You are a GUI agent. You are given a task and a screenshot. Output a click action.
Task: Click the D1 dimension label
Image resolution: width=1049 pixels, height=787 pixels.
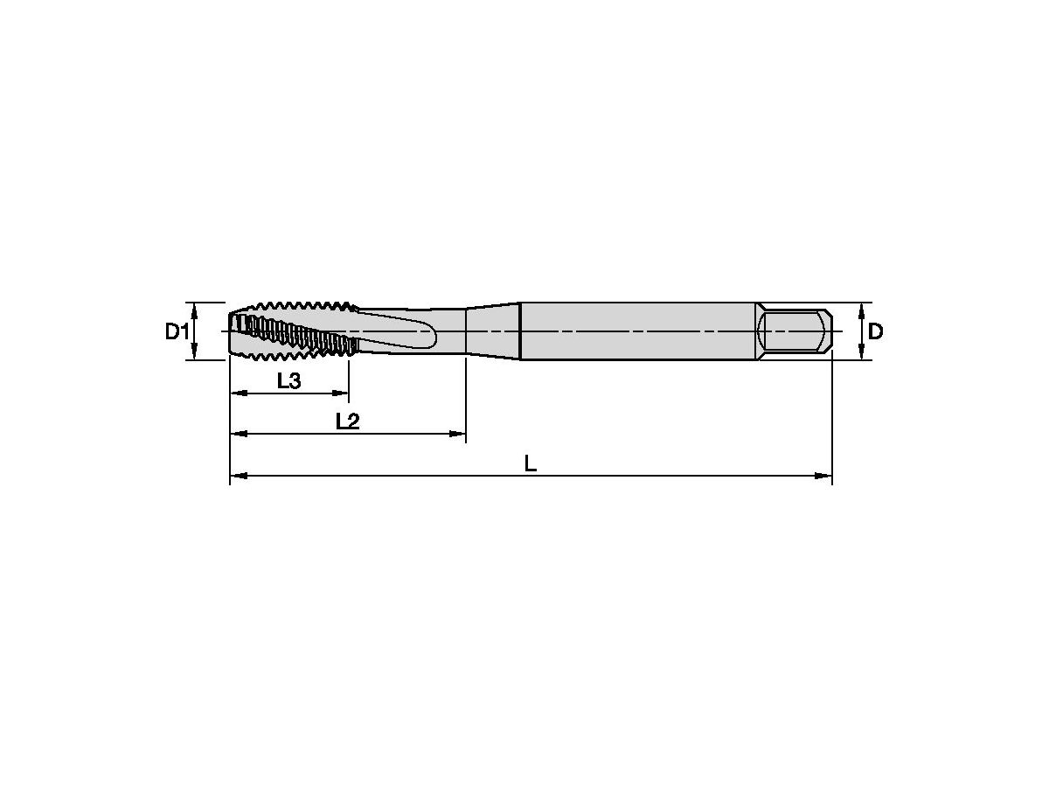pyautogui.click(x=177, y=331)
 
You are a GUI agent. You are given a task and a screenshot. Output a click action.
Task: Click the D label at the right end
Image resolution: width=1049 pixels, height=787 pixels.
pyautogui.click(x=875, y=331)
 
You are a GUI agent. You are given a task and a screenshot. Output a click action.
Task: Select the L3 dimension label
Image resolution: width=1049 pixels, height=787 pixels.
pyautogui.click(x=289, y=380)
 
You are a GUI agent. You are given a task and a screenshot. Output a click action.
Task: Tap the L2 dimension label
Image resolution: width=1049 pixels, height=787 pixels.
pyautogui.click(x=347, y=421)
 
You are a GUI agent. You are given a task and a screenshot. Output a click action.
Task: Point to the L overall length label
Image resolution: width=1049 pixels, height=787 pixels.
pyautogui.click(x=531, y=463)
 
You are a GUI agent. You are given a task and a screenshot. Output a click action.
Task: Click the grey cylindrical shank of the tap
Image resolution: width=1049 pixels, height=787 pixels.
pyautogui.click(x=638, y=331)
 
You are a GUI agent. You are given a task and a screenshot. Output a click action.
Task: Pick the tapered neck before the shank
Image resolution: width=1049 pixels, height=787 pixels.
pyautogui.click(x=492, y=331)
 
